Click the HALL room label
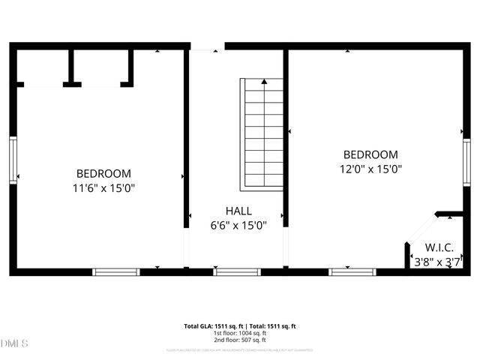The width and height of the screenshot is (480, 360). click(x=238, y=211)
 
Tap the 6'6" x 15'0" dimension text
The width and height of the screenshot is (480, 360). click(x=238, y=225)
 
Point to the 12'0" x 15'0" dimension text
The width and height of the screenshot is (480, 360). click(x=370, y=169)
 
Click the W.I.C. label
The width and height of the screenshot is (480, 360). click(x=439, y=247)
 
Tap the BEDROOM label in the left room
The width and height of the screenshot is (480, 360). click(x=103, y=173)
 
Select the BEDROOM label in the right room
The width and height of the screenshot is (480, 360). click(x=370, y=154)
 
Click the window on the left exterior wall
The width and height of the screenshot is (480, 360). click(x=13, y=160)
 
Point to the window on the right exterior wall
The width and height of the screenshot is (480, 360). click(x=466, y=161)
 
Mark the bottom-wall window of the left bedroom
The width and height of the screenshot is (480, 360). click(x=116, y=271)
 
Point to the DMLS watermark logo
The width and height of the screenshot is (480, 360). click(x=14, y=343)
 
